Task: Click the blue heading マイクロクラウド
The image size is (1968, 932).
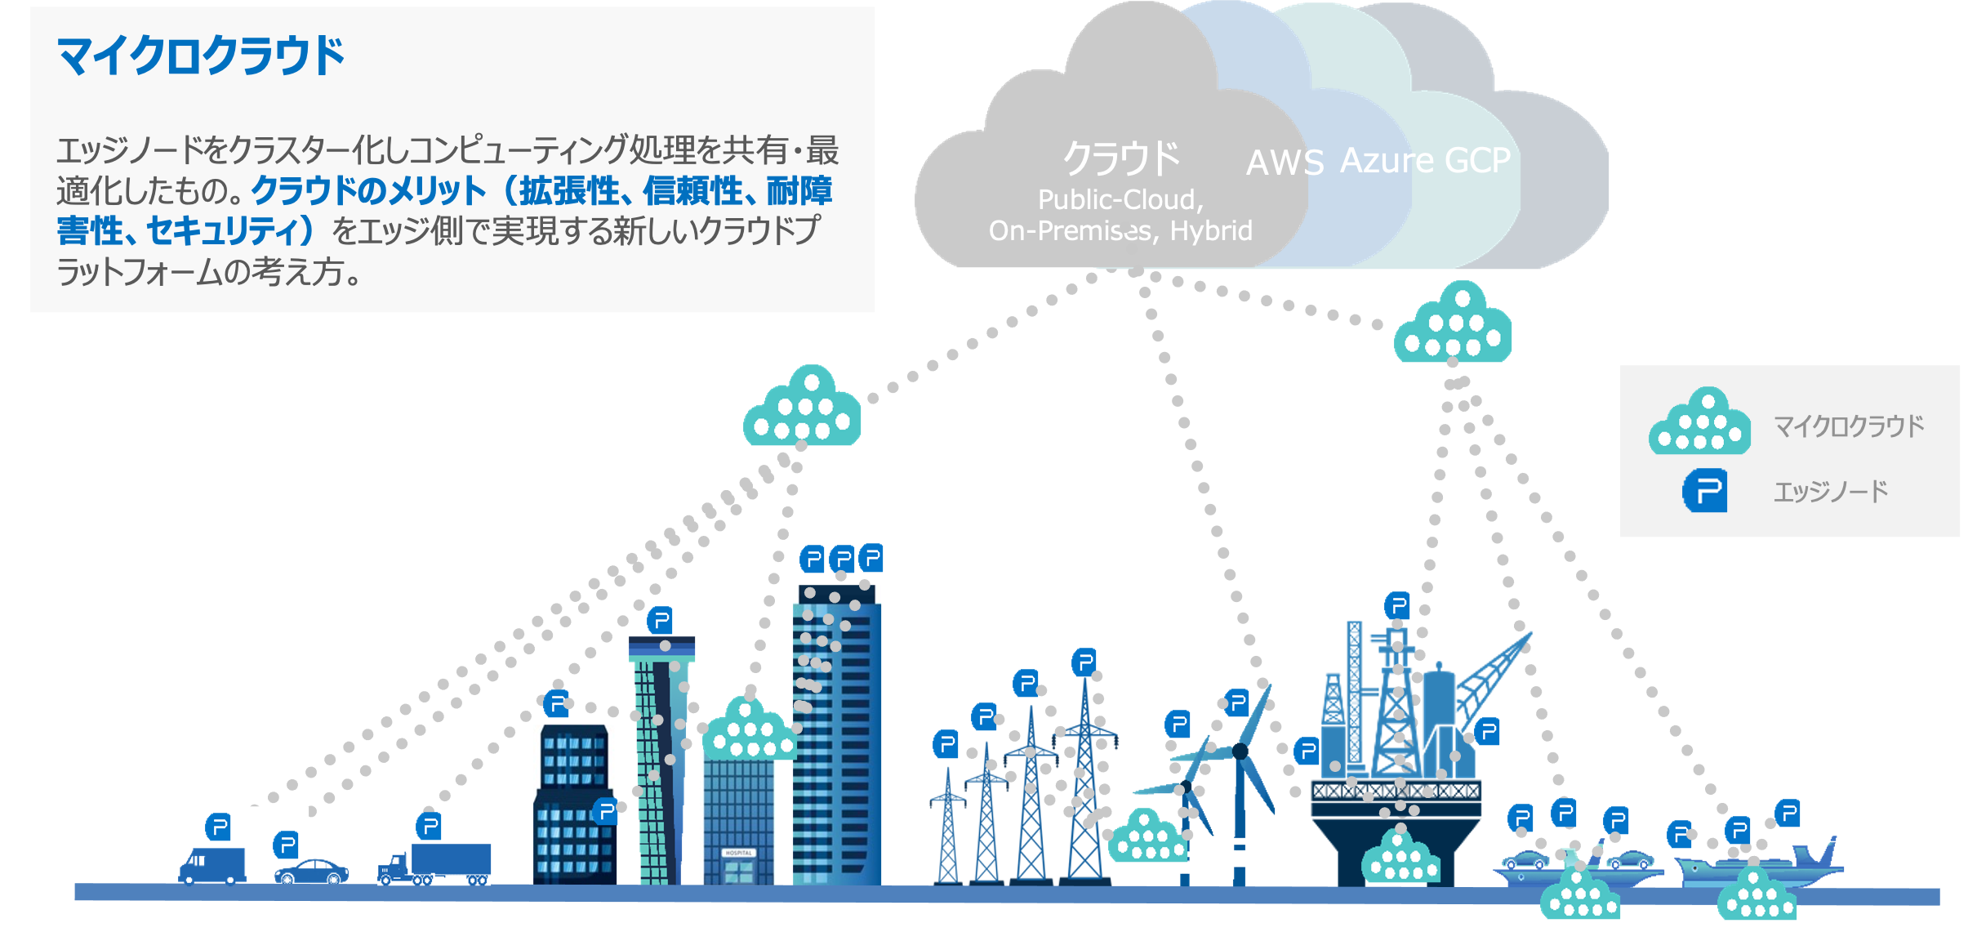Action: point(200,56)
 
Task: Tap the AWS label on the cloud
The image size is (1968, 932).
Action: point(1284,163)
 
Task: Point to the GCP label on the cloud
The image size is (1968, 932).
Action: point(1476,160)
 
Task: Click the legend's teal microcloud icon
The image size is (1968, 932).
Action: point(1699,422)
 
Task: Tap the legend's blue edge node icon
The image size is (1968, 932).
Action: point(1705,490)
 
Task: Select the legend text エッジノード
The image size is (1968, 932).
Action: point(1830,492)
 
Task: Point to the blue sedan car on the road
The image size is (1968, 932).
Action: point(311,872)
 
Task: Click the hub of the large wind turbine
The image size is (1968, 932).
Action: point(1240,751)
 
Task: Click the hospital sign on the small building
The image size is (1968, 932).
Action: point(738,853)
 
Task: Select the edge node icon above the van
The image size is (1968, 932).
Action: point(218,827)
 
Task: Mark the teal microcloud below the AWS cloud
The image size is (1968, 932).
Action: point(1453,324)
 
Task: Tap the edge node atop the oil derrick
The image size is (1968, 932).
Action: point(1397,605)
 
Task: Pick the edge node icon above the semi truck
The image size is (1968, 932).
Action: point(429,826)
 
